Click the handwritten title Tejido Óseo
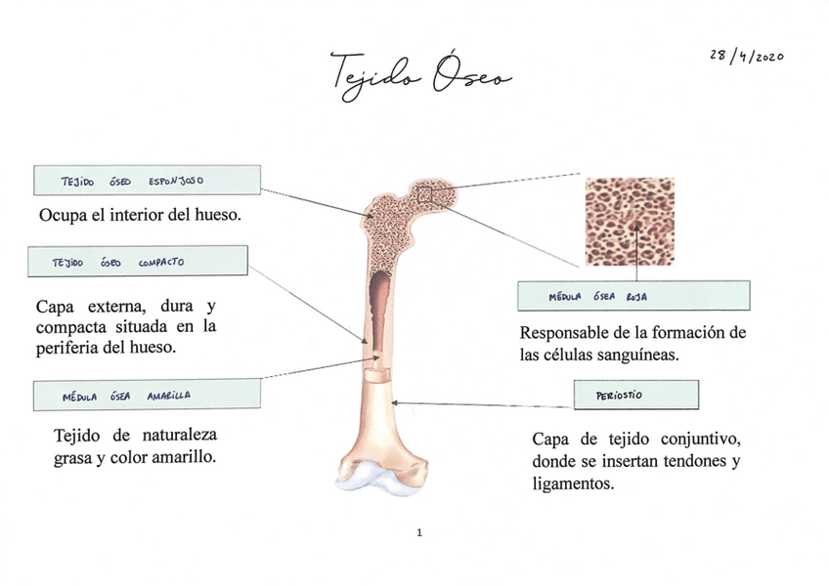420,74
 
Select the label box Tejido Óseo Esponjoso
147,181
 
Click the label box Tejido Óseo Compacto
140,261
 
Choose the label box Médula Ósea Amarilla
147,396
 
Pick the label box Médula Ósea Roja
633,296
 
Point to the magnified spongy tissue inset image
630,222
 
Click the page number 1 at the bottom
418,533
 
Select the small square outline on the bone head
424,196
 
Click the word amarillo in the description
180,457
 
